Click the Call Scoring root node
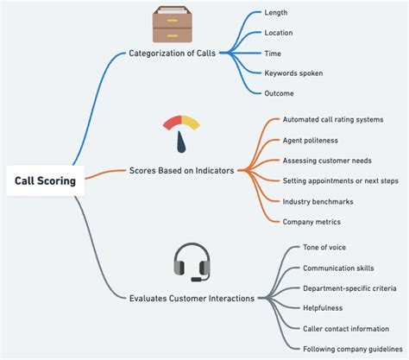[x=45, y=180]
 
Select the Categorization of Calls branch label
[x=173, y=53]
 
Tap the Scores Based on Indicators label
[x=181, y=171]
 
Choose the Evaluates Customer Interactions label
[x=192, y=298]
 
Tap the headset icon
[x=192, y=262]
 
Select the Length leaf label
[x=276, y=12]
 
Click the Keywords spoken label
[x=293, y=73]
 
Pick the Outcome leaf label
[x=280, y=93]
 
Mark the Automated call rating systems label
[x=332, y=119]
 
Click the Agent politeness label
[x=311, y=140]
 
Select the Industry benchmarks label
[x=318, y=201]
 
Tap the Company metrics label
[x=311, y=222]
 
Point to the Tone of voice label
[x=324, y=248]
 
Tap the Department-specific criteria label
[x=349, y=288]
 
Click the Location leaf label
[x=280, y=33]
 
